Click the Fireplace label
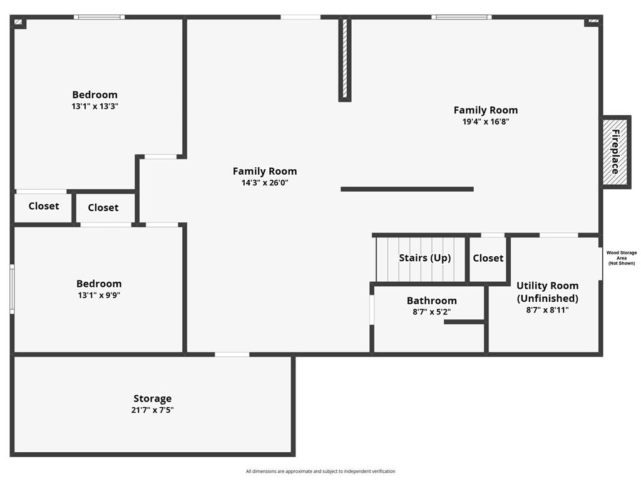click(x=615, y=152)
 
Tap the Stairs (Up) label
click(x=425, y=257)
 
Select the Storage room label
click(x=153, y=398)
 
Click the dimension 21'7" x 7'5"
click(x=153, y=410)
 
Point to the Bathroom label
click(x=432, y=301)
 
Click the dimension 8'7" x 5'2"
click(x=432, y=312)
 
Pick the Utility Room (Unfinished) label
click(x=547, y=292)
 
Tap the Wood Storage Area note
click(x=622, y=258)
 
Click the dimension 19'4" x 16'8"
click(x=486, y=122)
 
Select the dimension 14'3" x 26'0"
click(x=265, y=182)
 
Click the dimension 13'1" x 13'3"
click(x=95, y=106)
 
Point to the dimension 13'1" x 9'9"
click(x=99, y=295)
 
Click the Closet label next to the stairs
click(x=488, y=258)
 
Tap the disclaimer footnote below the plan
click(x=320, y=471)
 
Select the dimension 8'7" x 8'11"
click(x=547, y=309)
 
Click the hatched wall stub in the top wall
click(x=345, y=59)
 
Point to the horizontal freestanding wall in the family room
click(x=407, y=189)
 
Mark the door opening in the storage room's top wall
click(x=232, y=354)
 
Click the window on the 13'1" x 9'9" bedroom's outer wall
click(x=13, y=289)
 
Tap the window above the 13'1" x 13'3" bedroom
click(x=100, y=17)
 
